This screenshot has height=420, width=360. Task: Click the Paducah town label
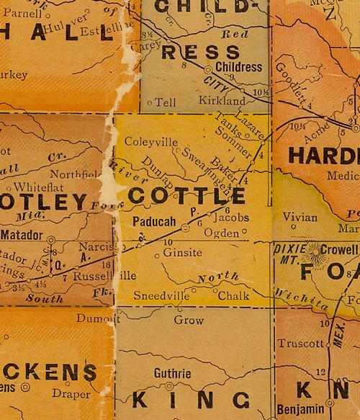point(155,223)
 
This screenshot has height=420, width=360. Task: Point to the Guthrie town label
point(173,374)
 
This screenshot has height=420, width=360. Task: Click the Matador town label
point(22,235)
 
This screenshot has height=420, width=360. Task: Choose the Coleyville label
point(150,142)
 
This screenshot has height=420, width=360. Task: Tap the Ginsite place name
point(183,253)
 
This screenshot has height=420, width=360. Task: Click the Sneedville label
point(162,296)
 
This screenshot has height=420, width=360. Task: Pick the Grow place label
point(189,321)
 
